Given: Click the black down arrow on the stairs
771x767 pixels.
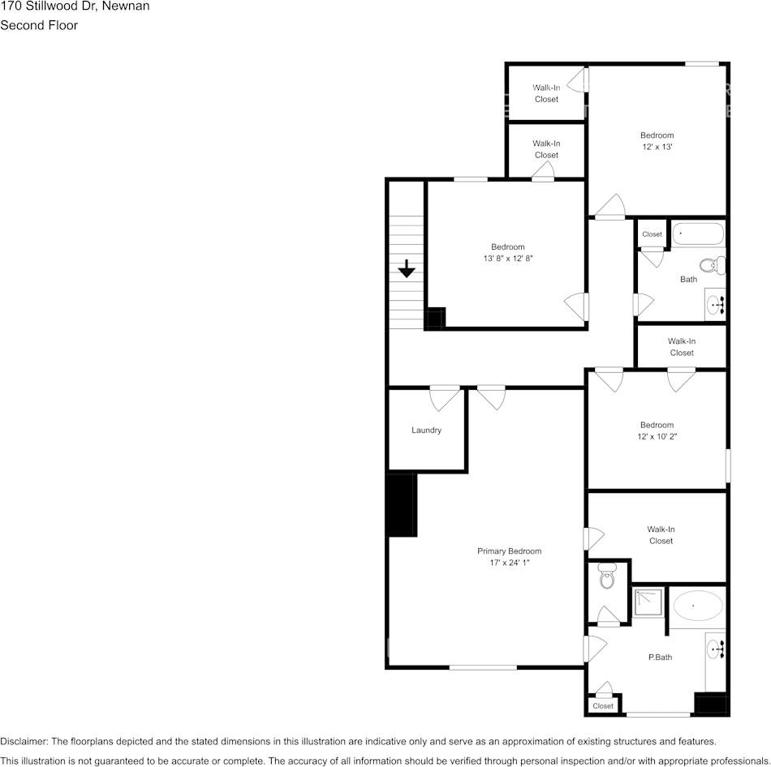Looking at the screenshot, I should tap(407, 268).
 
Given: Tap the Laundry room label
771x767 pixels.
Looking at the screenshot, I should tap(426, 431).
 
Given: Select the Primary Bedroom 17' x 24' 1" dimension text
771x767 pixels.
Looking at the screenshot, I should tap(509, 563).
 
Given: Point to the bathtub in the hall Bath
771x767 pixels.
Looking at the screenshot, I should tap(697, 234).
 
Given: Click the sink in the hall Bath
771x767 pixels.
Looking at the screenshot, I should tap(715, 306).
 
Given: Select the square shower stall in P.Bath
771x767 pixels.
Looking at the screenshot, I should tap(648, 603).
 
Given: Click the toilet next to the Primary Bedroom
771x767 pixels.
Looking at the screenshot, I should tap(607, 577).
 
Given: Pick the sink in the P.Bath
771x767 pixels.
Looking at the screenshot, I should tap(715, 649).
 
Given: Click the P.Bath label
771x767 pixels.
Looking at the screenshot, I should tap(660, 658).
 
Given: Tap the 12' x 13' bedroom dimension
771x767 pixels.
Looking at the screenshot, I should tap(657, 148).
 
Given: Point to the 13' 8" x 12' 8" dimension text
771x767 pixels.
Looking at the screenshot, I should tap(508, 259).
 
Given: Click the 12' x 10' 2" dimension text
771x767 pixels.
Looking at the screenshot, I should tap(657, 437).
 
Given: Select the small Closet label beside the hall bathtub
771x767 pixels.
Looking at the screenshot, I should tap(653, 234).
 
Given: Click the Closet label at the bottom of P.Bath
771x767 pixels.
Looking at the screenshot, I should tap(603, 706).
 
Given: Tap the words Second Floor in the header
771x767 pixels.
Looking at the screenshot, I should tap(39, 25).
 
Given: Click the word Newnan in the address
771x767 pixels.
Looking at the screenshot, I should tap(125, 6).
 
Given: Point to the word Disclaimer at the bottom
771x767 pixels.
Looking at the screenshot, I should tap(24, 741).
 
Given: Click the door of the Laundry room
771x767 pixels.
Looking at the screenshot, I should tap(445, 397).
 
